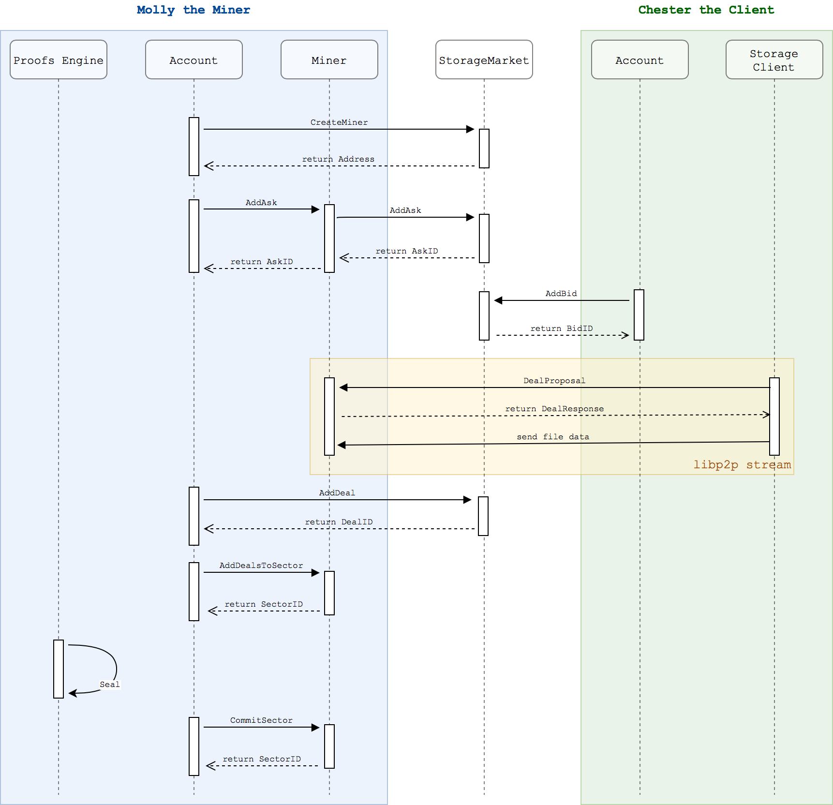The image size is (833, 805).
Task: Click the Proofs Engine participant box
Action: click(x=58, y=60)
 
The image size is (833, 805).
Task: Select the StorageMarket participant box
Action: click(x=484, y=60)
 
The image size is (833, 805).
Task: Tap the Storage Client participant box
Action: click(x=773, y=60)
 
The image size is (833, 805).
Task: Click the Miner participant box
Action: click(x=329, y=60)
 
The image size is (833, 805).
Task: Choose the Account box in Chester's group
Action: click(x=639, y=60)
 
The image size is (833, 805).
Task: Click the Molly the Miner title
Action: click(x=193, y=10)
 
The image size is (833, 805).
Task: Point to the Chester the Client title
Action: click(x=706, y=10)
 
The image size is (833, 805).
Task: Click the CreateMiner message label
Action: click(x=339, y=122)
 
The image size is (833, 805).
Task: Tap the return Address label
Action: click(x=338, y=159)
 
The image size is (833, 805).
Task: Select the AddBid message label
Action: click(x=561, y=293)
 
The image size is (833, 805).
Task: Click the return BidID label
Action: click(x=561, y=328)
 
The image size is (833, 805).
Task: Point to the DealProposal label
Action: click(x=554, y=380)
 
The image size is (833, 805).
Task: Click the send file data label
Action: click(x=552, y=436)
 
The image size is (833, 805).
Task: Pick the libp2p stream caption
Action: click(x=742, y=464)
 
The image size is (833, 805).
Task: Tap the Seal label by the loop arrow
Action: click(x=109, y=684)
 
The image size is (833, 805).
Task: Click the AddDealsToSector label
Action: click(x=261, y=565)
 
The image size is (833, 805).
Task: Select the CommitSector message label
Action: click(x=261, y=720)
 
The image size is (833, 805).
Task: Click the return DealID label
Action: click(x=339, y=522)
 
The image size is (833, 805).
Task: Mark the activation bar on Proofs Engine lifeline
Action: click(x=58, y=669)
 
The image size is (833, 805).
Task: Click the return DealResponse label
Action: click(x=554, y=408)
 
